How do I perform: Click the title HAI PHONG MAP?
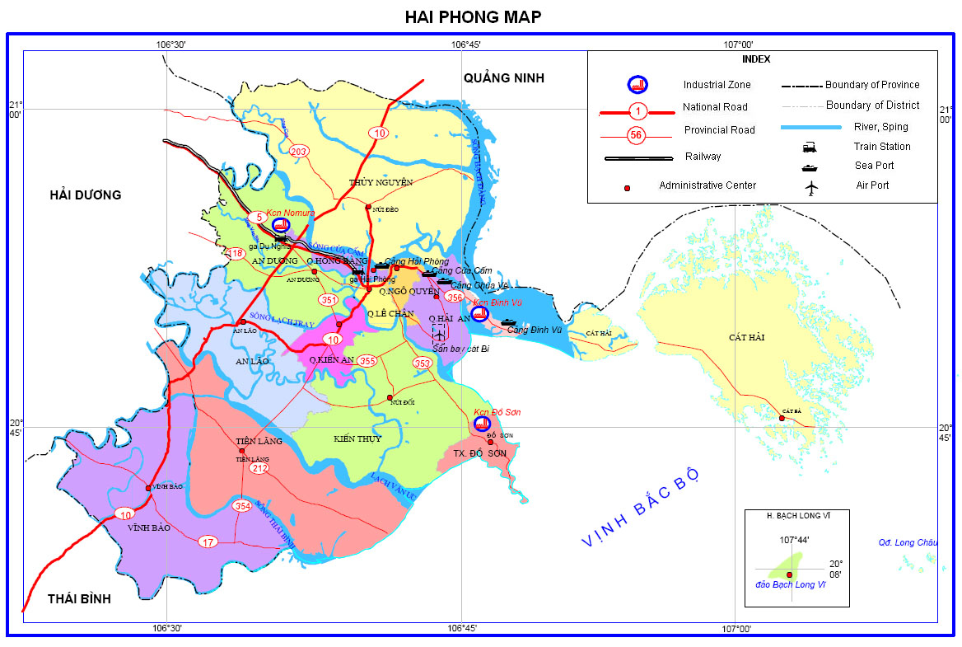tap(473, 16)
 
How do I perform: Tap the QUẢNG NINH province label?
tap(504, 78)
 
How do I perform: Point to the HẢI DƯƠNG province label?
tap(86, 195)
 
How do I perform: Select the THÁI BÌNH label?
tap(79, 598)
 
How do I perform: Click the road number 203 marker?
tap(298, 151)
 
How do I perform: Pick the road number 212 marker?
tap(260, 468)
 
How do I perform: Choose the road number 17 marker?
tap(208, 542)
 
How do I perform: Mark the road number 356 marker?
tap(455, 297)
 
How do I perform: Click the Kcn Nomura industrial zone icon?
tap(280, 225)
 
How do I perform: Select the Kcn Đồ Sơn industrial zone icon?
tap(483, 424)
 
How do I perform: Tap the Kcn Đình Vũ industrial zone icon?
tap(480, 313)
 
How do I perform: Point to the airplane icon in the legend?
tap(814, 188)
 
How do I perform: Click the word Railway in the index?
tap(703, 157)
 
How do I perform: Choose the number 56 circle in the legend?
tap(636, 135)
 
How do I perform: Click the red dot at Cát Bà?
tap(782, 418)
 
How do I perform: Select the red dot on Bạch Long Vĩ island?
tap(789, 574)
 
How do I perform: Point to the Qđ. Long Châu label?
tap(908, 542)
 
